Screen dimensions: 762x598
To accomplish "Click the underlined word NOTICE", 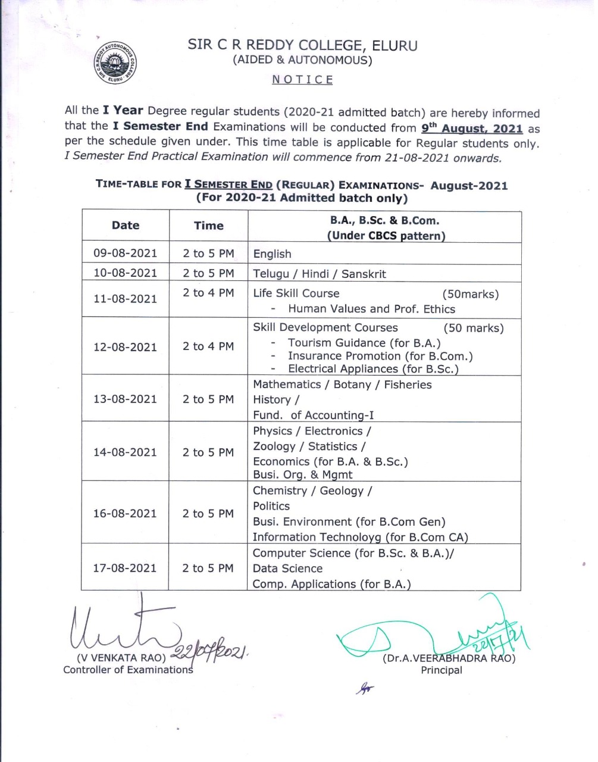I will [302, 80].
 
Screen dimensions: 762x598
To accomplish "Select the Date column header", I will [126, 226].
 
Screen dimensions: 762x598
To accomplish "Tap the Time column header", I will [208, 226].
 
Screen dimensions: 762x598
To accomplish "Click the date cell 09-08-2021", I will [126, 253].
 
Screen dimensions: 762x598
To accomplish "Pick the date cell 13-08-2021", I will [126, 399].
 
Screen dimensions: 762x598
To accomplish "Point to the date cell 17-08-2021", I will [125, 568].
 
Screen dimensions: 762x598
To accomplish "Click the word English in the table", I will [272, 254].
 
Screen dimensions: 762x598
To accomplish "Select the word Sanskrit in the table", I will [364, 274].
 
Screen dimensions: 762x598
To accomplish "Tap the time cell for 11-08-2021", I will [208, 293].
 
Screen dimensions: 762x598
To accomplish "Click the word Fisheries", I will [408, 385].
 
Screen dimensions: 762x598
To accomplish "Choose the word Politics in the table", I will [271, 506].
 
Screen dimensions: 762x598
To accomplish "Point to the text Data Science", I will [287, 569].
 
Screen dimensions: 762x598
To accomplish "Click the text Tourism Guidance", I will [337, 343].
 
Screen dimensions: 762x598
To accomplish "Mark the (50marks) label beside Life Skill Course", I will [470, 293].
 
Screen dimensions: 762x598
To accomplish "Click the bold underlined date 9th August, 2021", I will [472, 129].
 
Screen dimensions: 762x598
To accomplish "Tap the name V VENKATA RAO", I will [121, 658].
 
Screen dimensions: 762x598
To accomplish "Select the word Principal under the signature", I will [442, 670].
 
